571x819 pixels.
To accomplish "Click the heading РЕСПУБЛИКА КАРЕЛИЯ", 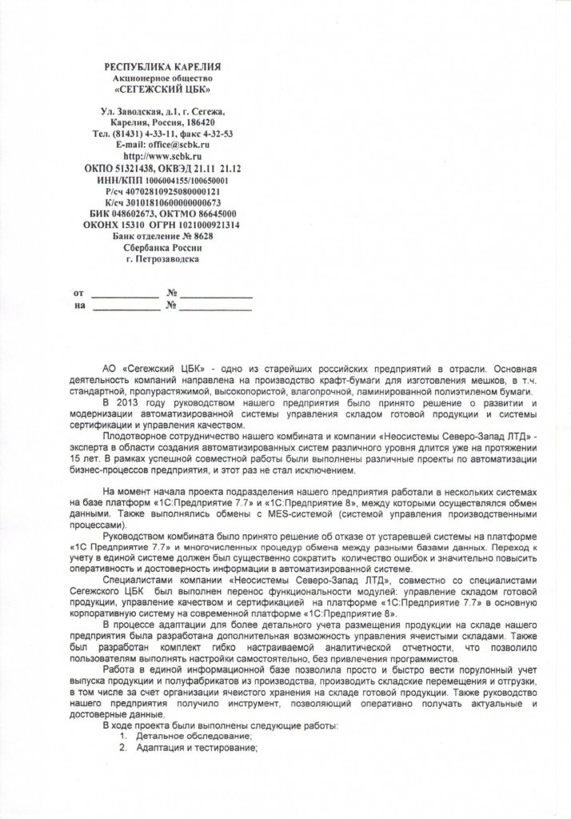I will (163, 66).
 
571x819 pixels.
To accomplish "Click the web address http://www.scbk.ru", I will (163, 158).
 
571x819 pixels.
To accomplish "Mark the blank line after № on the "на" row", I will (216, 306).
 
